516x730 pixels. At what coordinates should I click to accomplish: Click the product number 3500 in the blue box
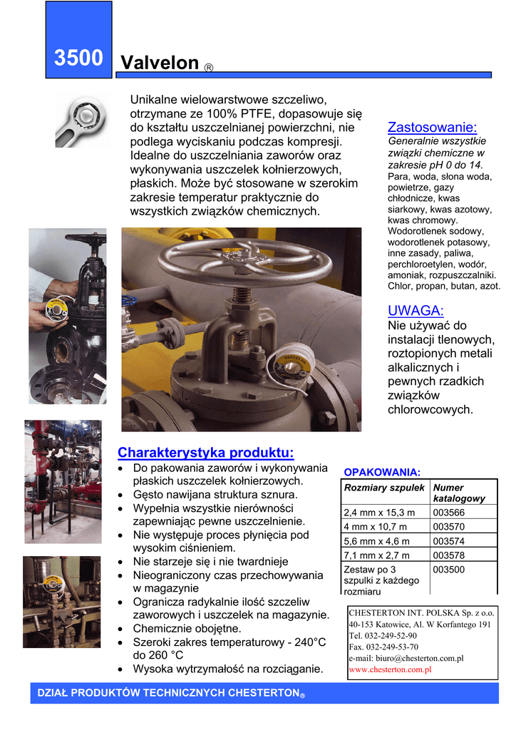pyautogui.click(x=78, y=58)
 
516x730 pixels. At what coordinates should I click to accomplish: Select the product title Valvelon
pyautogui.click(x=160, y=63)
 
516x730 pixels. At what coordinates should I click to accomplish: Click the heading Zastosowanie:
pyautogui.click(x=432, y=128)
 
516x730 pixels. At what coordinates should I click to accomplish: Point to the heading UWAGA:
pyautogui.click(x=416, y=310)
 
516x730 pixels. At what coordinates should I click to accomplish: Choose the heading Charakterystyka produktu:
pyautogui.click(x=205, y=453)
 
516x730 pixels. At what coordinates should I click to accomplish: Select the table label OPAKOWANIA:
pyautogui.click(x=382, y=472)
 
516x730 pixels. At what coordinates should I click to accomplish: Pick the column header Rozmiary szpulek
pyautogui.click(x=384, y=488)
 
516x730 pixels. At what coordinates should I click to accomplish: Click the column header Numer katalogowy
pyautogui.click(x=459, y=493)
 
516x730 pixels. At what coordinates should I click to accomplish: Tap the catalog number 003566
pyautogui.click(x=448, y=513)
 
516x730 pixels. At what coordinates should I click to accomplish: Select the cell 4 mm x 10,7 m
pyautogui.click(x=376, y=527)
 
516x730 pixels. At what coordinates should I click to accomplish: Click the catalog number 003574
pyautogui.click(x=448, y=541)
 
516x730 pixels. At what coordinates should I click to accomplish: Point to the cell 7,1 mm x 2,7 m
pyautogui.click(x=377, y=555)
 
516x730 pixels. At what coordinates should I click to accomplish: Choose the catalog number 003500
pyautogui.click(x=448, y=570)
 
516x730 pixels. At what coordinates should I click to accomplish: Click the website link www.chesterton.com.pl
pyautogui.click(x=391, y=669)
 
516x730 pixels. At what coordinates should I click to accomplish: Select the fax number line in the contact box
pyautogui.click(x=383, y=647)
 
